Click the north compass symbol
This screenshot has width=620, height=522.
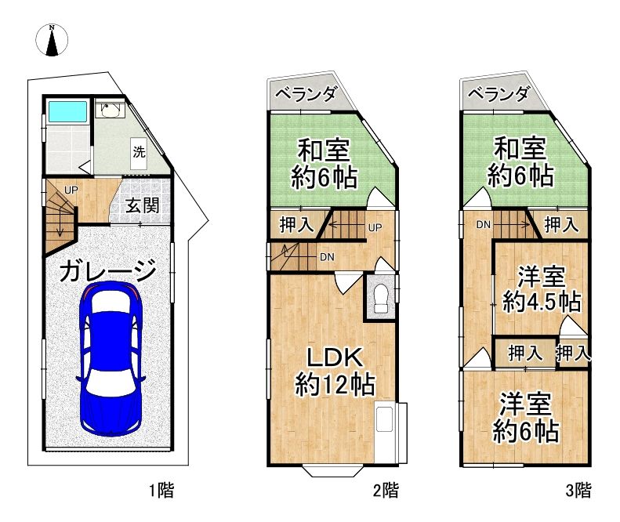[53, 40]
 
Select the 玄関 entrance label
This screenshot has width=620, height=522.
[143, 207]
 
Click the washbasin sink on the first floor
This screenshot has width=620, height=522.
[108, 111]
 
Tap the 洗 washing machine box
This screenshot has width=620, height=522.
[139, 152]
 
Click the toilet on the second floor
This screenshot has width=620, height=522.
[381, 299]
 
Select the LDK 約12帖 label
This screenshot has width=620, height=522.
[333, 371]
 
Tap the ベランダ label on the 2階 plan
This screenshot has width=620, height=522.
[306, 95]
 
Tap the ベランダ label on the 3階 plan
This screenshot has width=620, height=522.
[499, 95]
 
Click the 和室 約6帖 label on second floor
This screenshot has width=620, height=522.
[324, 161]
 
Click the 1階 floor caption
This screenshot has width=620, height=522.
[160, 491]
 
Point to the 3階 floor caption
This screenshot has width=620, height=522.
[578, 491]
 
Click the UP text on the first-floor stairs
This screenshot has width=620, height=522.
[71, 190]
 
